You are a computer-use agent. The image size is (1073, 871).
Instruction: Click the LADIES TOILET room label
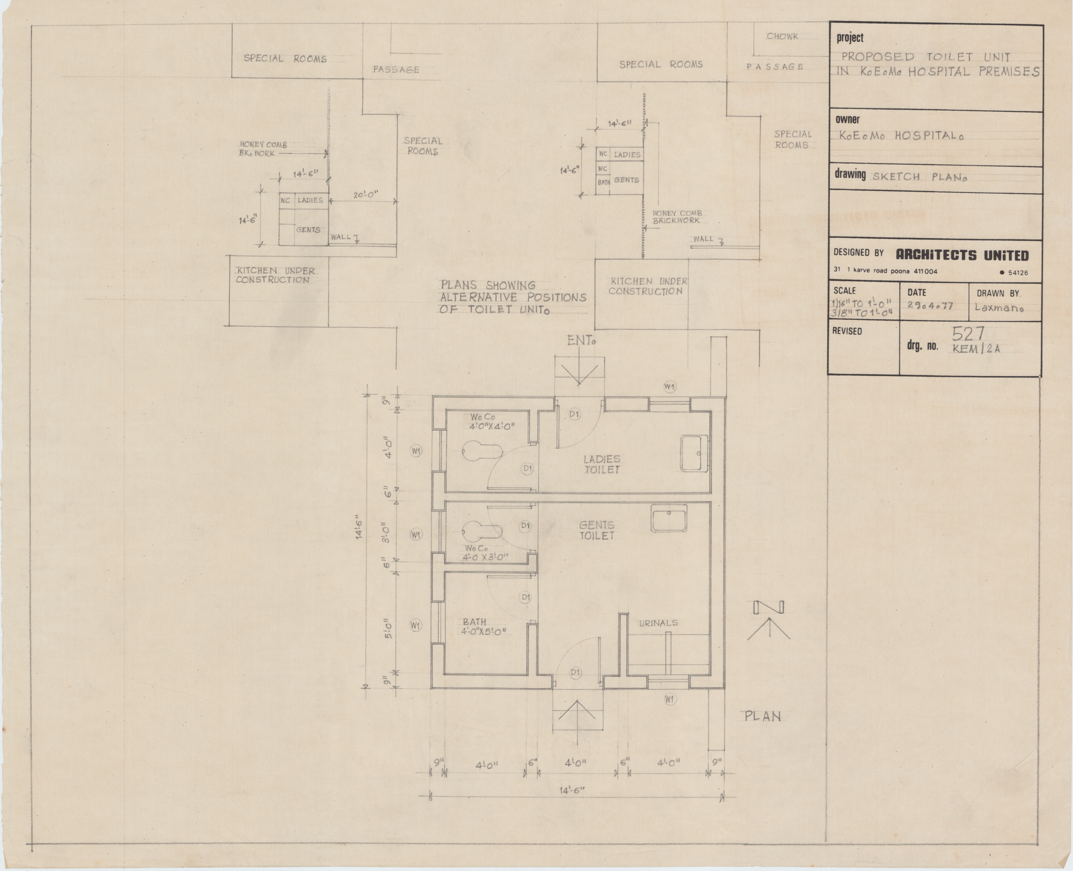coord(602,464)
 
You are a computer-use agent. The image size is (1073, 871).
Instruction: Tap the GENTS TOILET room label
coord(596,530)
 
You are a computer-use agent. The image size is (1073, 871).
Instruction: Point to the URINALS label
coord(658,623)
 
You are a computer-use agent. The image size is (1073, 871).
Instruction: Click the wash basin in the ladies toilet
coord(694,454)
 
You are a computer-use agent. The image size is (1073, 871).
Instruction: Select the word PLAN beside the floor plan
coord(763,717)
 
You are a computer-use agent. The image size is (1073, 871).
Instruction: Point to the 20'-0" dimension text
coord(365,194)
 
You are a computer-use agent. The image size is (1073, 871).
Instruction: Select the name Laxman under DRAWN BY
coord(999,308)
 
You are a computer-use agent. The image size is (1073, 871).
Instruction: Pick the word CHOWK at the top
coord(782,37)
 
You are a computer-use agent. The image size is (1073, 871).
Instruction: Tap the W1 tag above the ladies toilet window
coord(669,386)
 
